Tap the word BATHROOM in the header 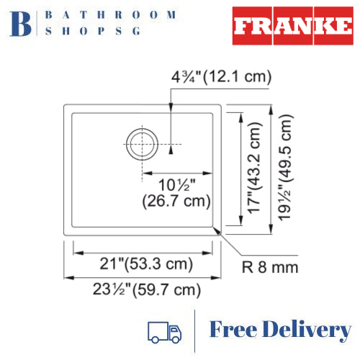coord(111,14)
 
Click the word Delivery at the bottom coord(310,330)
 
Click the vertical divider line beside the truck coord(195,331)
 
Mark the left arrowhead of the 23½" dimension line coord(68,277)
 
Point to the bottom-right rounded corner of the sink coord(216,229)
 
